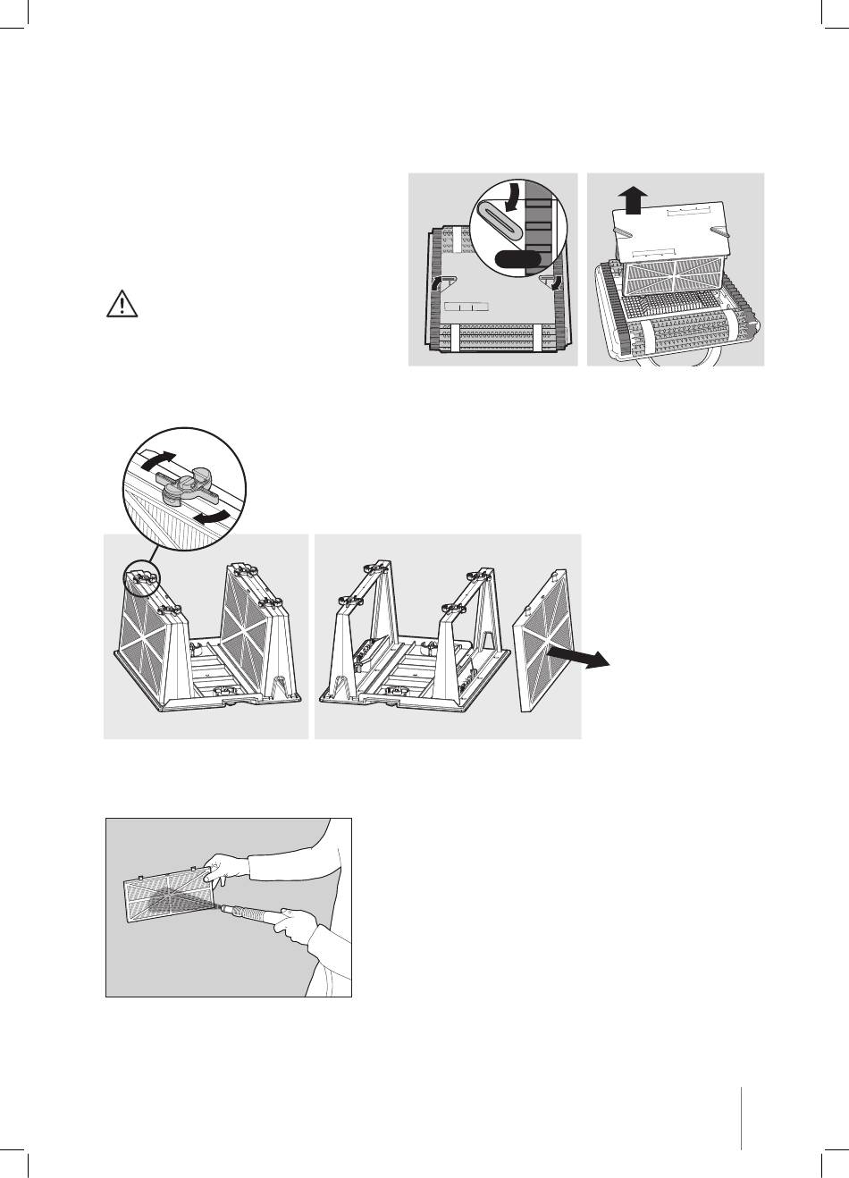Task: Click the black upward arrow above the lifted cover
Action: tap(633, 199)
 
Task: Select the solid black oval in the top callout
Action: tap(515, 259)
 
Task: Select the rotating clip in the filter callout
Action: tap(185, 485)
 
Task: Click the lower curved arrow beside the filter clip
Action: tap(216, 517)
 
